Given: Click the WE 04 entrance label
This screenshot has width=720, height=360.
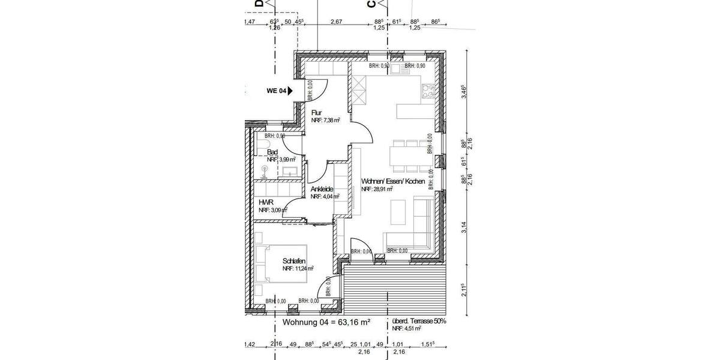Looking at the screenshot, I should coord(277,91).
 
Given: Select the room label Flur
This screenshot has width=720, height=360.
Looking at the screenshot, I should coord(317,112).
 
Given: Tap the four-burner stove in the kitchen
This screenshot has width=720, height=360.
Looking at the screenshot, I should coord(428,92).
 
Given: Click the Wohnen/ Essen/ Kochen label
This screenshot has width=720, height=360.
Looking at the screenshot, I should coord(393,181).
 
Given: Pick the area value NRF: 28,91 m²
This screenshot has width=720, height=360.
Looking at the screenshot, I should coord(377,189).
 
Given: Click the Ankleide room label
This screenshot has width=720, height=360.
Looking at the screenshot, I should coord(322,189).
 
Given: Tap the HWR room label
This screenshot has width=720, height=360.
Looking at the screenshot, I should coord(265,203).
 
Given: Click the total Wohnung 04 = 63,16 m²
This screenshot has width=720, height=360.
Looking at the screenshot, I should coord(326,322).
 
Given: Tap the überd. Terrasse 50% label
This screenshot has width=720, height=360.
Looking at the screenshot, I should coord(419,322).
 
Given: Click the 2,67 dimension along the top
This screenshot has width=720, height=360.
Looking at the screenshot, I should coord(336,22).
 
